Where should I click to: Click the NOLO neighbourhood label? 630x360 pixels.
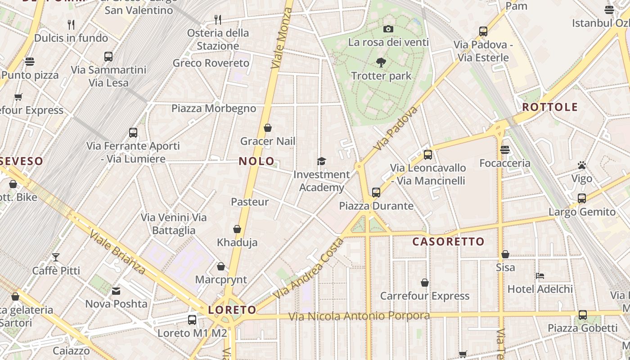256,161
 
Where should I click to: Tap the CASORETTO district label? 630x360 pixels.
448,242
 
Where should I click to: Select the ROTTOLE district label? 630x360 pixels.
550,107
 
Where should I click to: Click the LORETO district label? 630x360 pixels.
232,310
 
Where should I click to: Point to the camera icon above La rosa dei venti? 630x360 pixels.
388,29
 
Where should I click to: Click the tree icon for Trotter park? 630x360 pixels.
381,63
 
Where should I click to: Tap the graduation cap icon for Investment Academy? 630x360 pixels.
321,161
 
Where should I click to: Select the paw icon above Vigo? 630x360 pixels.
582,166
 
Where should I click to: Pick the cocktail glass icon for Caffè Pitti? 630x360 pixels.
56,257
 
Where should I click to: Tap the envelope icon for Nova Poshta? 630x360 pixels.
117,291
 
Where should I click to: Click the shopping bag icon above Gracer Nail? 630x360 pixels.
268,128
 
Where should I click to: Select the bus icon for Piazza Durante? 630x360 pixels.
376,193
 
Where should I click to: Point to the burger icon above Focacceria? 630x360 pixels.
505,150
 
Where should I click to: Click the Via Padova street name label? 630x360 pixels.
396,128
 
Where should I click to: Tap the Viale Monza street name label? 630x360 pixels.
282,38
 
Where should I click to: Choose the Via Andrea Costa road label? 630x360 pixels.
309,268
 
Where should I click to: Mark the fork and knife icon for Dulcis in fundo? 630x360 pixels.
71,24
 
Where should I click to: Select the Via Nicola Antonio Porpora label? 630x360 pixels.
359,316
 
